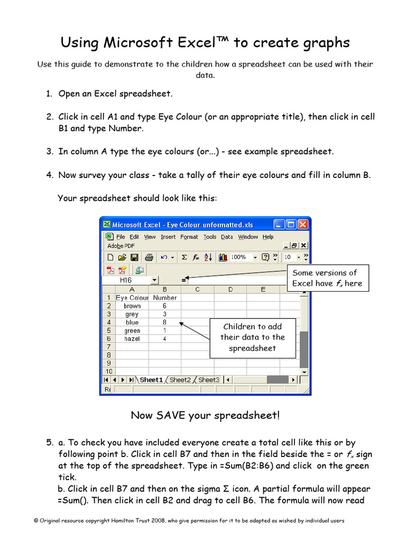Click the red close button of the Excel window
tap(303, 225)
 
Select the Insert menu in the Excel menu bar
tap(168, 237)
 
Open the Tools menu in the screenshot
tap(210, 237)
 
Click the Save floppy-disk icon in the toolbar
tap(134, 257)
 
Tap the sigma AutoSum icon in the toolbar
tap(184, 257)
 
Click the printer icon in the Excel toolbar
tap(149, 257)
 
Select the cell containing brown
tap(132, 306)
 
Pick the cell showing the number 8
tap(164, 322)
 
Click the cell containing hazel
tap(132, 339)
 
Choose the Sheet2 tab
tap(180, 379)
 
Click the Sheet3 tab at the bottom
tap(208, 379)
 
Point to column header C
tap(197, 289)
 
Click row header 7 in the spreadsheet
tap(108, 347)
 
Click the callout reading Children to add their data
tap(252, 337)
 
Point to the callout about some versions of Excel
tap(327, 278)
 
